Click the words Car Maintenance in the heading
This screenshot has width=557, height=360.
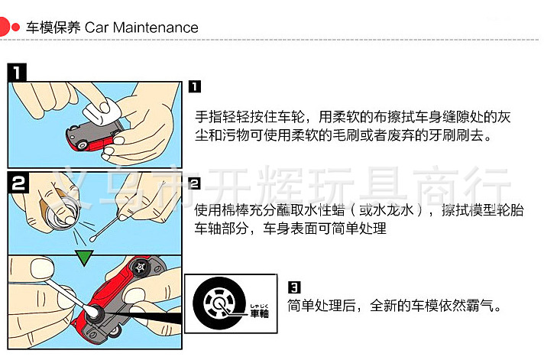coord(141,28)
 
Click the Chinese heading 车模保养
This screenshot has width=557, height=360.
coord(53,28)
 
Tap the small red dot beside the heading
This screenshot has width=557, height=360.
coord(15,28)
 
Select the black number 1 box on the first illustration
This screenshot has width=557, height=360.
coord(17,73)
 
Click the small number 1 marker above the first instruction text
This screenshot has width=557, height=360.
coord(194,86)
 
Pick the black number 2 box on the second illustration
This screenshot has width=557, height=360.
coord(18,183)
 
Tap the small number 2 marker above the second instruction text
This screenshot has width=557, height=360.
coord(194,183)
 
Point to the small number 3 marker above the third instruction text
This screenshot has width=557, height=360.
coord(294,287)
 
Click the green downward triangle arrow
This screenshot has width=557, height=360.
coord(84,258)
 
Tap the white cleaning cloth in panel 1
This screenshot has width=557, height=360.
coord(102,111)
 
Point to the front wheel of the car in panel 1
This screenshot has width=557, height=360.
coord(83,145)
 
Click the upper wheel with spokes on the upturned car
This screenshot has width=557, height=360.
coord(141,268)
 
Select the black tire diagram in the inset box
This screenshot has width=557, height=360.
coord(219,303)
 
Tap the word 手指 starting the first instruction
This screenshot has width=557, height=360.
coord(209,117)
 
